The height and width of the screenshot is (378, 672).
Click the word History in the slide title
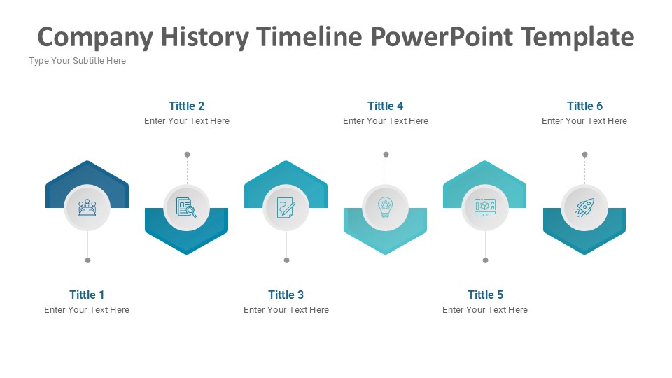pyautogui.click(x=205, y=38)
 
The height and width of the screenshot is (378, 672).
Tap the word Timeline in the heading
pyautogui.click(x=309, y=37)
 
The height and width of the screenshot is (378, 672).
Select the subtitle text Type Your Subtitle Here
pyautogui.click(x=78, y=61)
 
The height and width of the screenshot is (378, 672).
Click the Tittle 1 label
pyautogui.click(x=87, y=295)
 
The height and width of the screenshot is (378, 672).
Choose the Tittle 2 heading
pyautogui.click(x=186, y=106)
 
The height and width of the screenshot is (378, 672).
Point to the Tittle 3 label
pyautogui.click(x=286, y=295)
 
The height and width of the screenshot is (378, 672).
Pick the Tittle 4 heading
pyautogui.click(x=385, y=106)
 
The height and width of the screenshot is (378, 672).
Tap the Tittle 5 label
pyautogui.click(x=485, y=295)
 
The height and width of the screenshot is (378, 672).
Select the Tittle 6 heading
pyautogui.click(x=584, y=106)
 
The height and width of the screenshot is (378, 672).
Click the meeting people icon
pyautogui.click(x=87, y=208)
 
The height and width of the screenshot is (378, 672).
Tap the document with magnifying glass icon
pyautogui.click(x=186, y=207)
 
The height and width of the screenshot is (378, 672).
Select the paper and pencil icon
pyautogui.click(x=286, y=207)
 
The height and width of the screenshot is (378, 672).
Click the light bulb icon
pyautogui.click(x=385, y=207)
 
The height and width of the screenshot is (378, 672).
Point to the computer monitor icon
pyautogui.click(x=485, y=207)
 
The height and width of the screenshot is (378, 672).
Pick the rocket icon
pyautogui.click(x=584, y=207)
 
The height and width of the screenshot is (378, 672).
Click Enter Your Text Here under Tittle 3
pyautogui.click(x=286, y=310)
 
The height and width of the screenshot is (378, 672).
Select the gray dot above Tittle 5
pyautogui.click(x=486, y=260)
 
